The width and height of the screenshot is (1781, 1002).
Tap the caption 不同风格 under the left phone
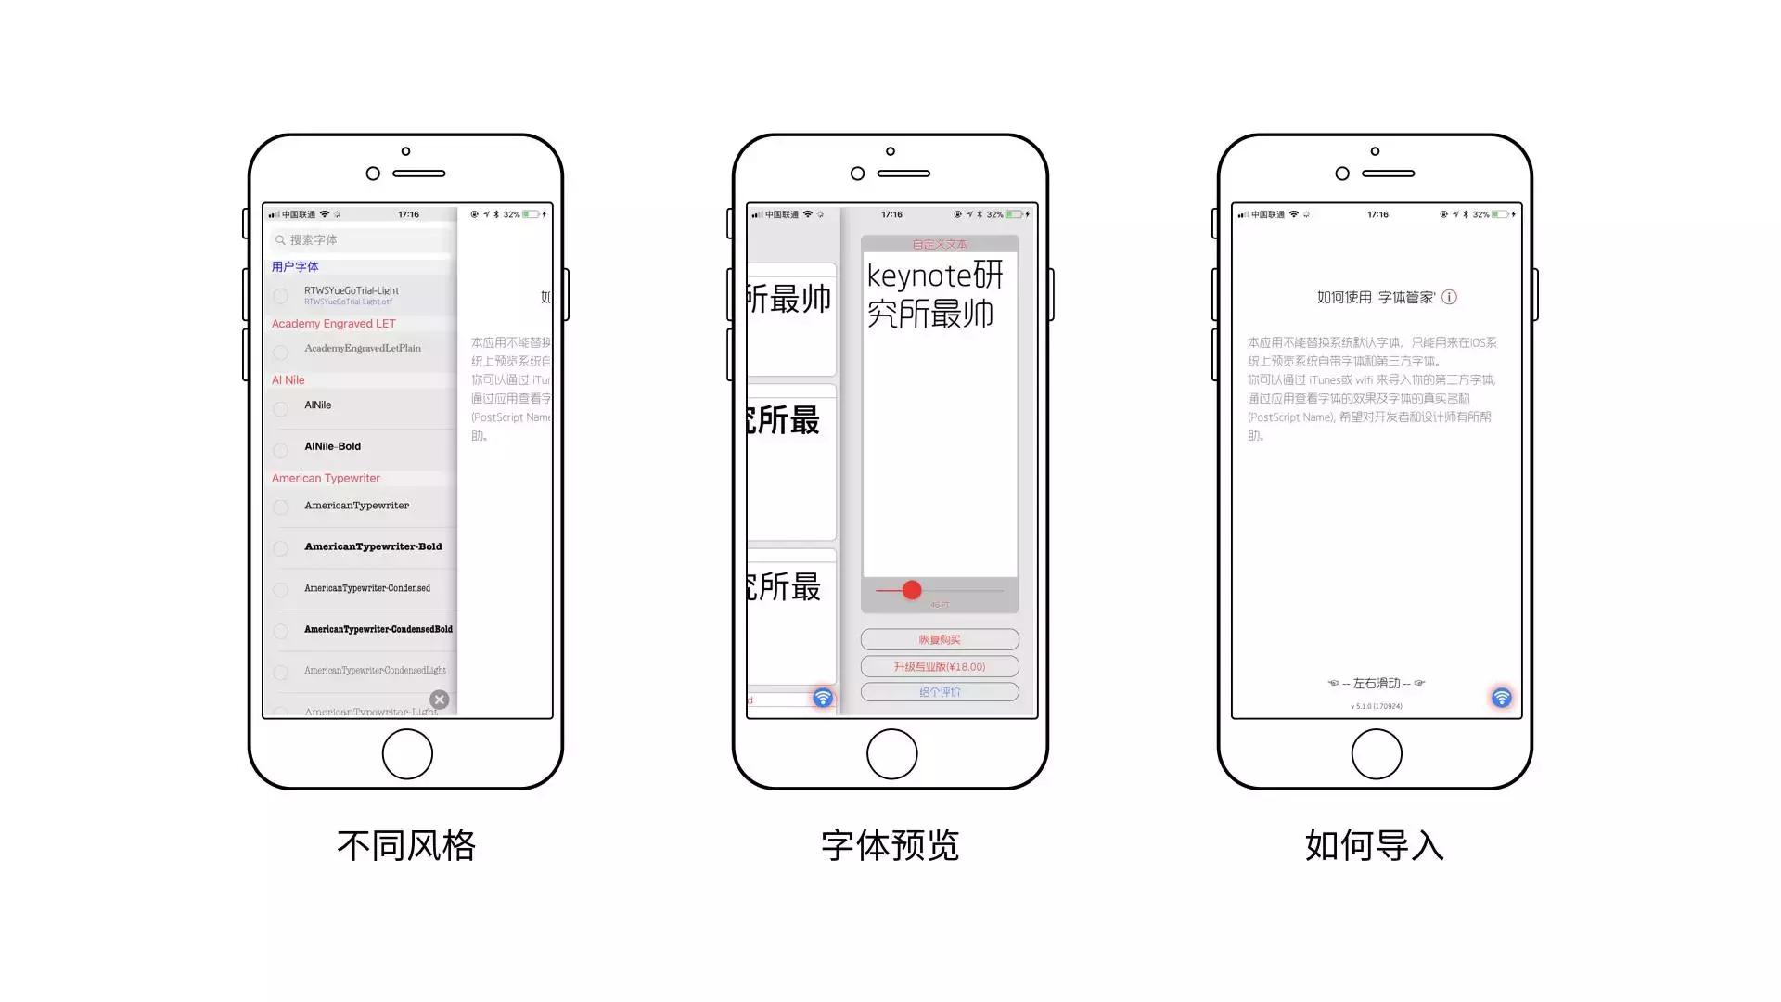(x=406, y=845)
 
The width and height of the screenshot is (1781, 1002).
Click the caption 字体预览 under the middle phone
(x=890, y=845)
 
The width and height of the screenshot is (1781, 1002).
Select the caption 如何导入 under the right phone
(x=1375, y=845)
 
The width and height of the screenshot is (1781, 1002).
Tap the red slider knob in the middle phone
(x=912, y=590)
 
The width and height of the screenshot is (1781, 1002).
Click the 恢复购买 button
(x=940, y=639)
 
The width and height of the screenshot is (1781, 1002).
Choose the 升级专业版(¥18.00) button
(x=940, y=666)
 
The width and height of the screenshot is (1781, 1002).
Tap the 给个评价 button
(x=940, y=692)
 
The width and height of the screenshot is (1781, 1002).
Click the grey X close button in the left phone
(x=440, y=700)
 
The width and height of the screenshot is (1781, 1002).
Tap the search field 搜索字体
(x=362, y=239)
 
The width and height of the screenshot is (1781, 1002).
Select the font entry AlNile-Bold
(x=332, y=446)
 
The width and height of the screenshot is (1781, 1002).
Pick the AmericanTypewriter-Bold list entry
(x=373, y=546)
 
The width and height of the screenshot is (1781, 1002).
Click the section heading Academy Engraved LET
(x=333, y=324)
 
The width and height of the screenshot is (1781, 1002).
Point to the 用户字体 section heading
(x=295, y=266)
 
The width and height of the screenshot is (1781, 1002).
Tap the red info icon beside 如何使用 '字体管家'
(x=1449, y=297)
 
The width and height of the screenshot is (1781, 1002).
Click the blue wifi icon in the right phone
(x=1501, y=698)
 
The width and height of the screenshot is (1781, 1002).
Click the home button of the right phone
(x=1377, y=754)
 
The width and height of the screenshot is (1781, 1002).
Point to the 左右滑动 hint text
(x=1376, y=683)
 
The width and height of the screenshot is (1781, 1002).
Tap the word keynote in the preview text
(x=918, y=276)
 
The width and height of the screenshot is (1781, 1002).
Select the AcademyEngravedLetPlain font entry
(x=362, y=348)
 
